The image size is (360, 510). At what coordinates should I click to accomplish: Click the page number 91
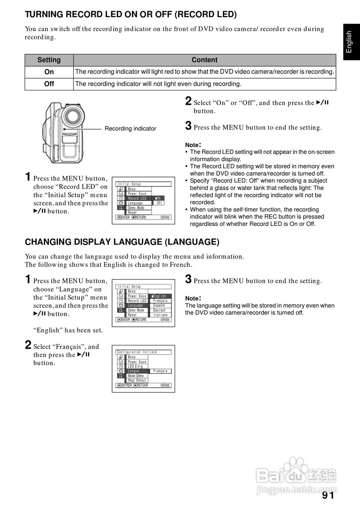(x=328, y=495)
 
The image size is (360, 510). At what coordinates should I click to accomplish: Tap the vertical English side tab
(x=349, y=42)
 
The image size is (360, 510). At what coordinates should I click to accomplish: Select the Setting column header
(x=49, y=60)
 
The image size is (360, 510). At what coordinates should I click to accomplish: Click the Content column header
(x=205, y=60)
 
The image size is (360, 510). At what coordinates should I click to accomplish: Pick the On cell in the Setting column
(x=49, y=72)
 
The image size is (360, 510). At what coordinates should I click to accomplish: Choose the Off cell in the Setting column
(x=49, y=84)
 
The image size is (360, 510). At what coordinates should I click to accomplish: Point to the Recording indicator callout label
(x=130, y=129)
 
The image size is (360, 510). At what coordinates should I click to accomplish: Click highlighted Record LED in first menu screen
(x=137, y=198)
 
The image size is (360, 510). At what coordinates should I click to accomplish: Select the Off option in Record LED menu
(x=159, y=203)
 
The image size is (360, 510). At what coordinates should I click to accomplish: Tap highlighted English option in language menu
(x=160, y=296)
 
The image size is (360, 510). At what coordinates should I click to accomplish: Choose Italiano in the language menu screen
(x=160, y=315)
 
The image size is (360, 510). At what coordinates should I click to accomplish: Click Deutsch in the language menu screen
(x=159, y=310)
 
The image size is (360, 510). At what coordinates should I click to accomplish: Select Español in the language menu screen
(x=159, y=306)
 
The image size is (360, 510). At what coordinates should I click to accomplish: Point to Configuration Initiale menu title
(x=137, y=352)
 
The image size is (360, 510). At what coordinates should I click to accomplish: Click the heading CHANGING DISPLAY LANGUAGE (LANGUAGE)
(x=122, y=242)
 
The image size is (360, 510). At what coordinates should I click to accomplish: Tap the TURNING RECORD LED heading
(x=131, y=15)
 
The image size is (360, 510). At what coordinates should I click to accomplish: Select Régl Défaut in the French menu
(x=137, y=381)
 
